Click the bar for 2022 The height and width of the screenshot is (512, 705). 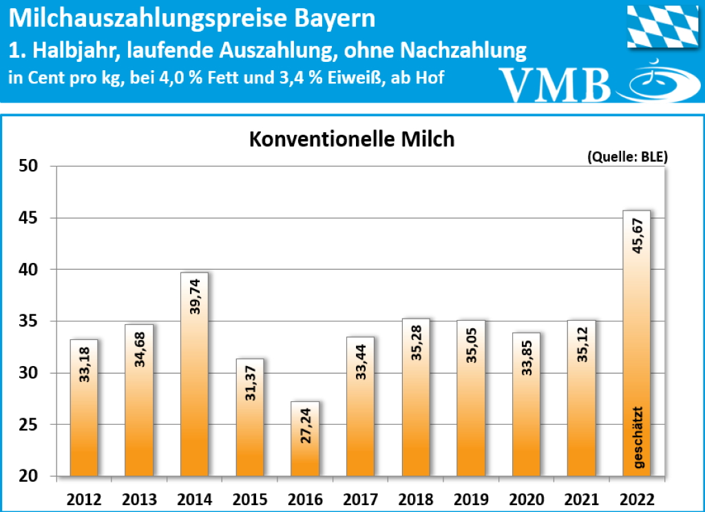pyautogui.click(x=635, y=344)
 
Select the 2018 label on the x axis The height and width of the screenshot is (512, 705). pyautogui.click(x=415, y=499)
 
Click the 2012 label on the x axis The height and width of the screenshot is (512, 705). pyautogui.click(x=83, y=499)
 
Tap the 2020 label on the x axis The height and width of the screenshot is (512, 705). pyautogui.click(x=526, y=499)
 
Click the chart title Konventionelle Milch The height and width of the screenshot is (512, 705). pyautogui.click(x=351, y=139)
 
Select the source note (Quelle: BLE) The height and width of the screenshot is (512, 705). pyautogui.click(x=627, y=156)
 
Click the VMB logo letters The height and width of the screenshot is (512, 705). pyautogui.click(x=556, y=84)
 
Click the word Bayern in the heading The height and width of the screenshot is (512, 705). pyautogui.click(x=335, y=19)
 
